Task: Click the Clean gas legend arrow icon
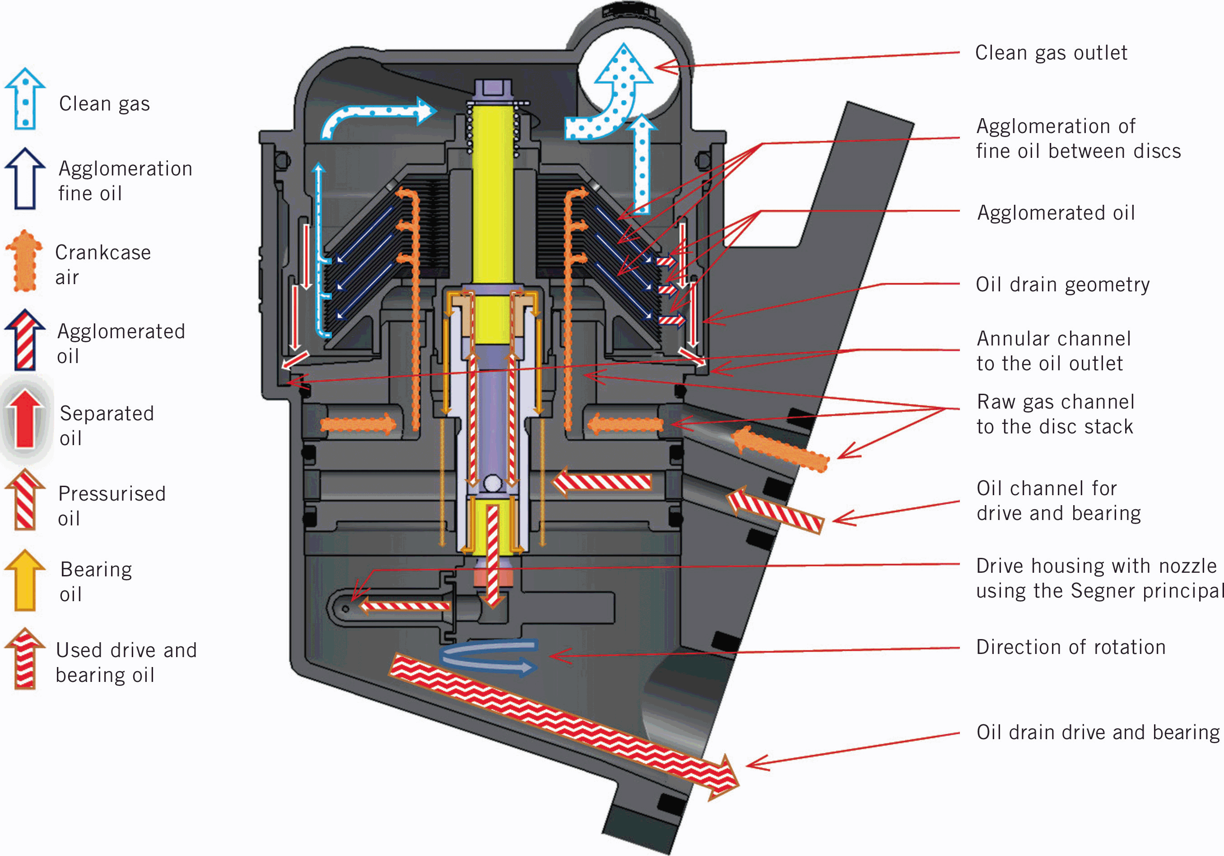click(24, 100)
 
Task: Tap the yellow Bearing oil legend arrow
click(24, 580)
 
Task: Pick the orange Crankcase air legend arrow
click(24, 262)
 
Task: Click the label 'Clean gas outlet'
click(1051, 53)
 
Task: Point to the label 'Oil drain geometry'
click(1062, 285)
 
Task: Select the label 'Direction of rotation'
click(1070, 647)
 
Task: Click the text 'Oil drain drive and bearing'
click(1098, 732)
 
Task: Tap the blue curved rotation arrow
click(488, 657)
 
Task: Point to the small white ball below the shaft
click(493, 483)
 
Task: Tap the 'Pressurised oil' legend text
click(112, 506)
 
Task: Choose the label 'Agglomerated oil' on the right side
click(1056, 213)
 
